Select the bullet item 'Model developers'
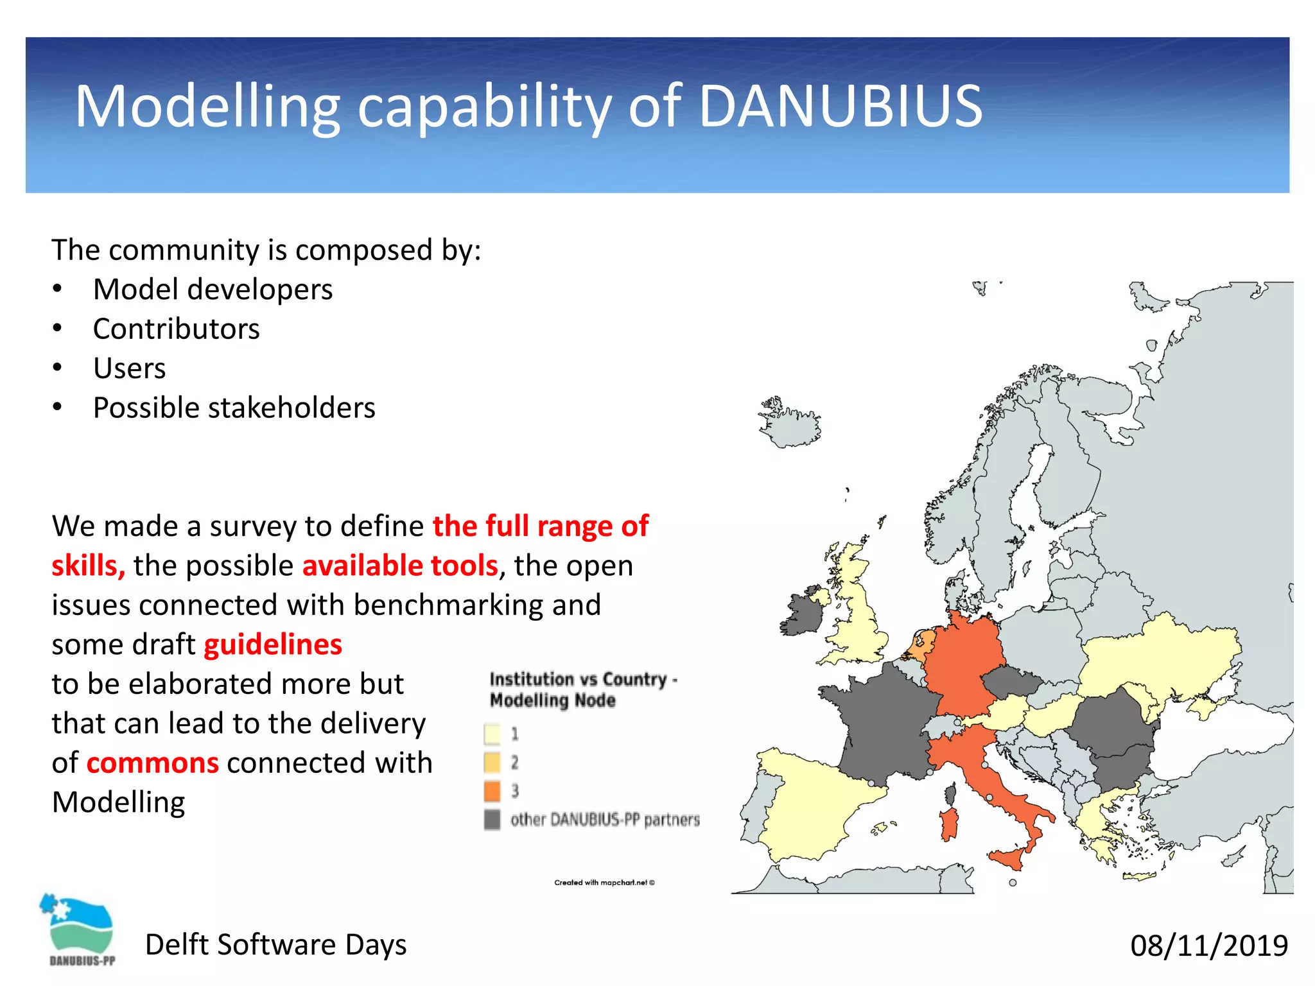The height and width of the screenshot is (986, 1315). pos(213,290)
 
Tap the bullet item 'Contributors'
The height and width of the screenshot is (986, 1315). pos(176,329)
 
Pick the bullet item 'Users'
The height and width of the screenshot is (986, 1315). pos(129,368)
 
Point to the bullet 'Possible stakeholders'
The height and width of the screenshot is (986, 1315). pos(234,408)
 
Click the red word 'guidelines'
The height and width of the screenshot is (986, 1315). pos(273,644)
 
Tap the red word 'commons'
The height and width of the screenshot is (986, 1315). pos(153,763)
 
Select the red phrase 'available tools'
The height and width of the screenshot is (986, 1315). pos(400,566)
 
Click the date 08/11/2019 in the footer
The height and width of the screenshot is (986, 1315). pos(1208,946)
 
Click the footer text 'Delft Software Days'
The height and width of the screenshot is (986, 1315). pos(275,945)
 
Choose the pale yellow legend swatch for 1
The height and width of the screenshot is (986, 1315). pos(492,734)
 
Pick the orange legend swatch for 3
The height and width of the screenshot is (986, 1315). pos(492,791)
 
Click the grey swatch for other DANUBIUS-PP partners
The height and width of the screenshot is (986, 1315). pos(492,820)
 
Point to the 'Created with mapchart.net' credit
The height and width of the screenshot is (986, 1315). pos(604,883)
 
